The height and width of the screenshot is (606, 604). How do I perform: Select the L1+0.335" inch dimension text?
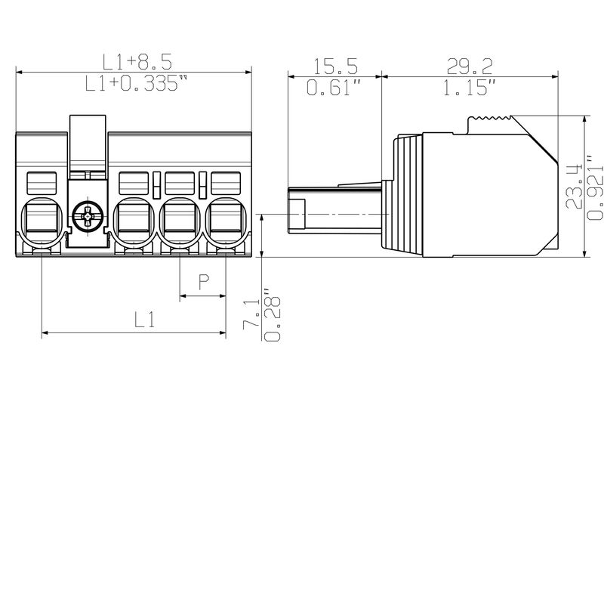[134, 85]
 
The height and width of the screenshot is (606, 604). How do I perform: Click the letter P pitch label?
[203, 283]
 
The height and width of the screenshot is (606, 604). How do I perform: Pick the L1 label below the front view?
[145, 320]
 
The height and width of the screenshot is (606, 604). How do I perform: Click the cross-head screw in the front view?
[89, 218]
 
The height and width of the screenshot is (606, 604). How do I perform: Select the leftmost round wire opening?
[42, 221]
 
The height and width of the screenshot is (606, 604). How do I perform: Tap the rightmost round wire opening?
[226, 221]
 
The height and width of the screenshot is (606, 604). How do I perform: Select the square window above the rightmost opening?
[226, 182]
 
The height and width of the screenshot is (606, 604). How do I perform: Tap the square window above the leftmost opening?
[42, 182]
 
